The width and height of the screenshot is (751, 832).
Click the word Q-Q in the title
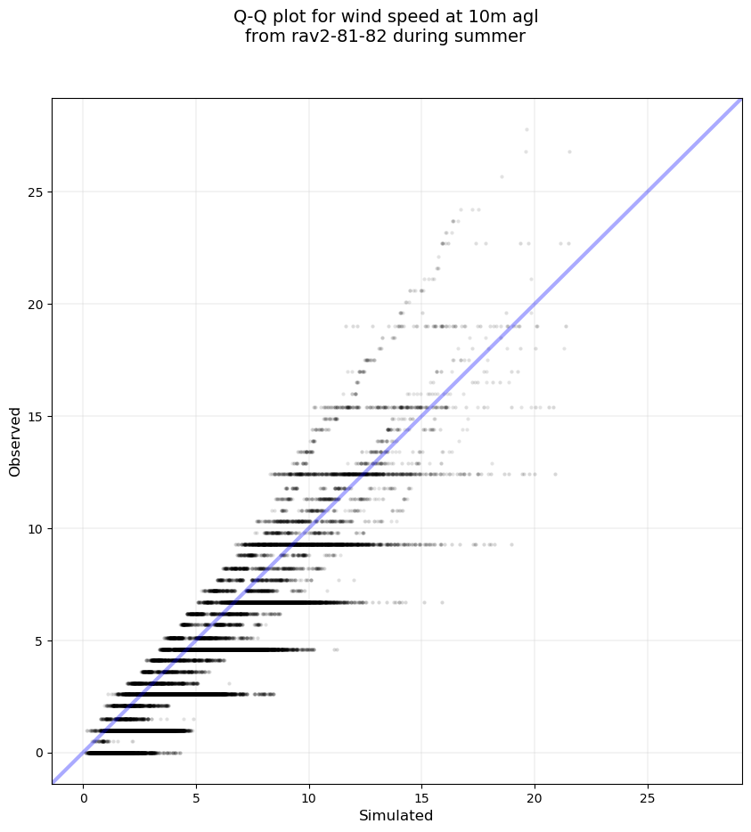[x=250, y=16]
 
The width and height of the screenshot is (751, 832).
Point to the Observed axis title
[x=15, y=442]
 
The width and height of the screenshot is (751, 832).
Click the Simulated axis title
[x=396, y=816]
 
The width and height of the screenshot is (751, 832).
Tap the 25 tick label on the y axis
[x=34, y=192]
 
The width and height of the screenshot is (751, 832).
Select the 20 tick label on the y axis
[x=34, y=305]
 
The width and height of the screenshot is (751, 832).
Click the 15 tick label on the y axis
[x=34, y=417]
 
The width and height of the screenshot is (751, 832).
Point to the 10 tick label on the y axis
[x=34, y=529]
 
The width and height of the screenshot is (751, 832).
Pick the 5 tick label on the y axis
[x=37, y=641]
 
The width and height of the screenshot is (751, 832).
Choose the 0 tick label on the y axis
[x=37, y=754]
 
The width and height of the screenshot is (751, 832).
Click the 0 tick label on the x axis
[x=84, y=797]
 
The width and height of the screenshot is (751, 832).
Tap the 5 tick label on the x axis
[x=196, y=797]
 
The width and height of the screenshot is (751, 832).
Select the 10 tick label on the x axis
[x=309, y=797]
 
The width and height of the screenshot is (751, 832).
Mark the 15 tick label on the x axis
[x=422, y=797]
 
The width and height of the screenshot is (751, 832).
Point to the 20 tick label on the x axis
[x=535, y=797]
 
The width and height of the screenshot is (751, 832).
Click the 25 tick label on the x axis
[x=648, y=797]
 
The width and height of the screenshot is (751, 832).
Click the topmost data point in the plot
[x=527, y=130]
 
